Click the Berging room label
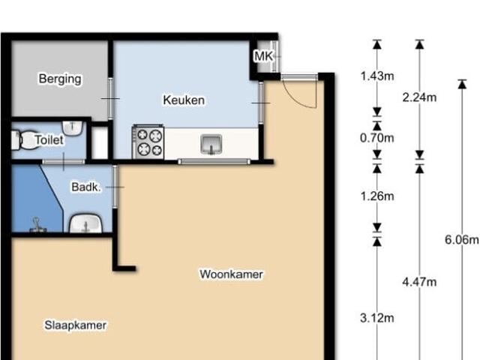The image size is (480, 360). click(x=60, y=79)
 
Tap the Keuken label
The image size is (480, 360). click(x=184, y=100)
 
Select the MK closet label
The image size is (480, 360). click(x=263, y=57)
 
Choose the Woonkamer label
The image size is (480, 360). click(x=231, y=274)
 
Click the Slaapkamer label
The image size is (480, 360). click(x=75, y=325)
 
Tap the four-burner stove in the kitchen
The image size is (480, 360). click(x=148, y=141)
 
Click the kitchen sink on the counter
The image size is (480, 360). click(x=211, y=143)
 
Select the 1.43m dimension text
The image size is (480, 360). click(x=376, y=76)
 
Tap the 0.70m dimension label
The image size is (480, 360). click(x=376, y=138)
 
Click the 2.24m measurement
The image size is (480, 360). click(x=419, y=97)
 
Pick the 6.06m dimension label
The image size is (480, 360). click(x=461, y=240)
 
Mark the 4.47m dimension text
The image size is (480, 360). click(x=419, y=282)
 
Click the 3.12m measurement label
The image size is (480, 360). click(x=376, y=318)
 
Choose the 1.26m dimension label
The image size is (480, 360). click(x=376, y=196)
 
